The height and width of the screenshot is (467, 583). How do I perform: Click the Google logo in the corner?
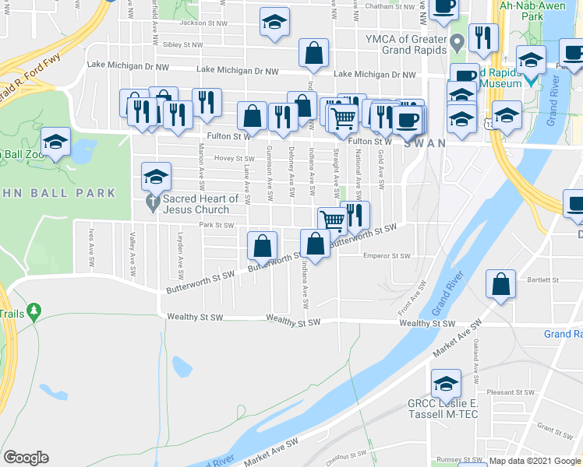click(x=26, y=458)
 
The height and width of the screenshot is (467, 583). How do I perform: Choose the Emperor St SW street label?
click(x=387, y=255)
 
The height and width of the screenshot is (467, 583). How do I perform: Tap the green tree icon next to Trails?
click(x=33, y=312)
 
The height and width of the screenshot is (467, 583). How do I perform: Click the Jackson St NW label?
click(x=203, y=23)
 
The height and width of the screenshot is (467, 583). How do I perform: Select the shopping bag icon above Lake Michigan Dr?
click(x=313, y=54)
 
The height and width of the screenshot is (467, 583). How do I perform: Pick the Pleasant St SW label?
click(x=507, y=393)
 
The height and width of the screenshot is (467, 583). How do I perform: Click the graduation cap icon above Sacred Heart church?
click(x=156, y=177)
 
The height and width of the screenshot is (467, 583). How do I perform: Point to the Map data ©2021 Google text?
click(x=535, y=461)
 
